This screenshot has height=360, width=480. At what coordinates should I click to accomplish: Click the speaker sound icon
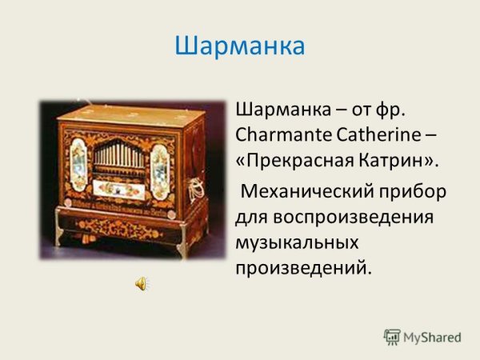141,283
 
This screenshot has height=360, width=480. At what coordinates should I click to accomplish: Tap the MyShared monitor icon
392,337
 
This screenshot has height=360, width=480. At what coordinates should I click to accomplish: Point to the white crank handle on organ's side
192,190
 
